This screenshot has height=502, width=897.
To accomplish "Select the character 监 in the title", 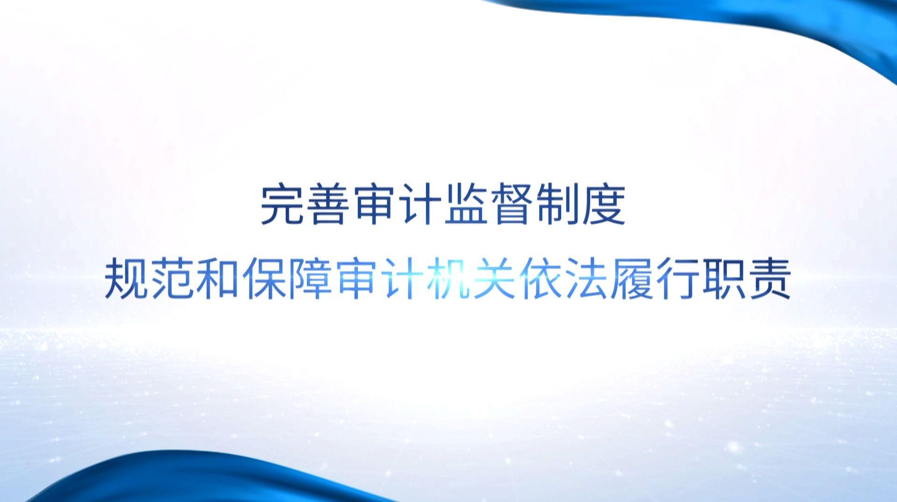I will click(x=466, y=205).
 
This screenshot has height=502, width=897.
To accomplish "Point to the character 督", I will click(x=512, y=205).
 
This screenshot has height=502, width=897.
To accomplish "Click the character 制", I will click(x=557, y=205).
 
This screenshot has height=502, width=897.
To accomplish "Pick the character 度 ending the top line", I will click(x=603, y=205).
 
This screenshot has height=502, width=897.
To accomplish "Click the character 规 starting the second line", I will click(x=126, y=279).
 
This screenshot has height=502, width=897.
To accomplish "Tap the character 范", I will click(x=172, y=279).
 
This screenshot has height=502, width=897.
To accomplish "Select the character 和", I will click(x=218, y=279).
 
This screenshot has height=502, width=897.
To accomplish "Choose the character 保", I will click(x=264, y=279).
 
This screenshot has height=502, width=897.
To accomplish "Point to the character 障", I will click(x=310, y=279).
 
